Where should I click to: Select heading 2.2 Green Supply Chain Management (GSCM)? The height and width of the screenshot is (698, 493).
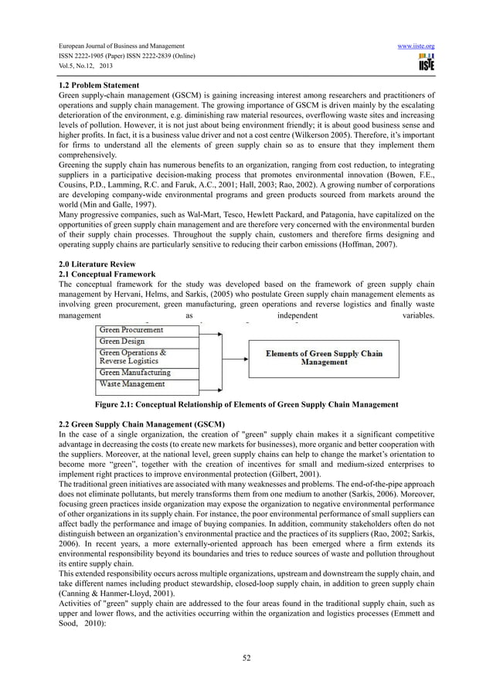141,425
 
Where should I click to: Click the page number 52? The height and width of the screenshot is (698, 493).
246,658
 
